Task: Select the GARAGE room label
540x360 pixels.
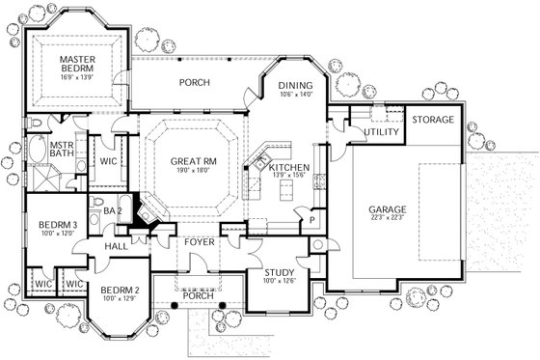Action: pyautogui.click(x=388, y=209)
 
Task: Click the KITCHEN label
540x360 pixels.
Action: pyautogui.click(x=289, y=168)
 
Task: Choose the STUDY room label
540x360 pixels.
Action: pyautogui.click(x=279, y=272)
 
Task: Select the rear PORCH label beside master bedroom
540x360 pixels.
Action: pyautogui.click(x=194, y=82)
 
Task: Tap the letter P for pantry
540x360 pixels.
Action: pyautogui.click(x=312, y=219)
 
